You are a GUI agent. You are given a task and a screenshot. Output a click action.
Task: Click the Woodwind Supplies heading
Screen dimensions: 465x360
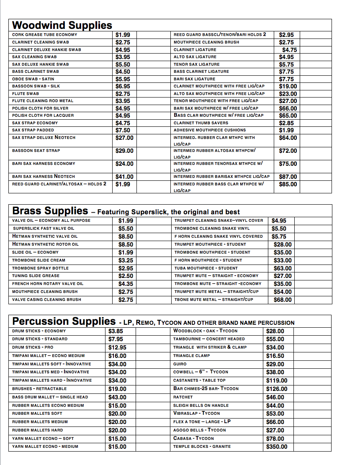click(x=62, y=25)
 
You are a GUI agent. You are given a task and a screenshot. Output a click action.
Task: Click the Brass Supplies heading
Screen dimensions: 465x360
click(x=50, y=211)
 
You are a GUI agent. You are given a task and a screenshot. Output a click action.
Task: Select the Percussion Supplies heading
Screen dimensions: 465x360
click(x=64, y=321)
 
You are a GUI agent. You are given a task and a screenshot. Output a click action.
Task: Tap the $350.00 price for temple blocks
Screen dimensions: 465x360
click(x=277, y=447)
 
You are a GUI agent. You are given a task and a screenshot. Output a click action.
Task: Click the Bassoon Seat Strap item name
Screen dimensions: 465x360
click(x=36, y=151)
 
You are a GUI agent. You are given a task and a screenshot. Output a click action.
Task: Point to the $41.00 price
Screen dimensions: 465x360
click(x=124, y=177)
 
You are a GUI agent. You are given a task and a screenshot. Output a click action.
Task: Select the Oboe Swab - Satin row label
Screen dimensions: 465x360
click(x=33, y=79)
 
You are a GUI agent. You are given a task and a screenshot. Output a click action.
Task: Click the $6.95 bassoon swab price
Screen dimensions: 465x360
click(x=123, y=86)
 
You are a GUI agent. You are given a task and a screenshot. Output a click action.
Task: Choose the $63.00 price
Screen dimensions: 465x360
click(x=283, y=268)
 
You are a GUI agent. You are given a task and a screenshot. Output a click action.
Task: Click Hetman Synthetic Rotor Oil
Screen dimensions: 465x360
click(x=45, y=244)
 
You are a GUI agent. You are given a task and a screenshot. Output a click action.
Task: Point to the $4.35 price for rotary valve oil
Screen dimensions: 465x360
click(x=126, y=284)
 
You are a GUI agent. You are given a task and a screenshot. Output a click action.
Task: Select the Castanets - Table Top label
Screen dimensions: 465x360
click(x=199, y=380)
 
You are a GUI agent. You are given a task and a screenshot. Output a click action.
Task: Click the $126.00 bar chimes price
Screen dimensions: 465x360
click(x=277, y=389)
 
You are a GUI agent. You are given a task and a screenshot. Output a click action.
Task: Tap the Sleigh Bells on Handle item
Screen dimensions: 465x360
click(x=201, y=406)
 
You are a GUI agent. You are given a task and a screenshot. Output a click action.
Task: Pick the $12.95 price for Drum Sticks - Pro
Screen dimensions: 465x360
click(x=117, y=347)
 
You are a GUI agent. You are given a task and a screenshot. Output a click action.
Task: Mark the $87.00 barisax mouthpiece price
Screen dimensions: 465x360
click(x=288, y=177)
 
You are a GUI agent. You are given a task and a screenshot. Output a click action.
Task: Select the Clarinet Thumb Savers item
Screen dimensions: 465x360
click(x=201, y=123)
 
